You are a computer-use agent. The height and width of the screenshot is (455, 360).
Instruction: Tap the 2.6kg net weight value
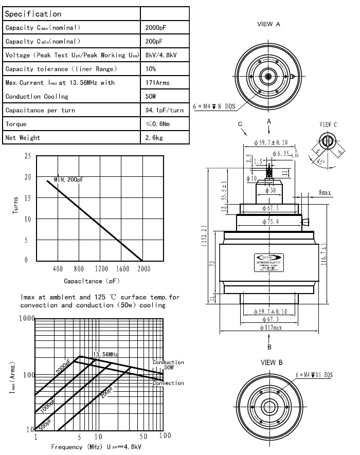(154, 138)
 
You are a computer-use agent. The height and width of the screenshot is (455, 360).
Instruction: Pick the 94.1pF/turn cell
(165, 111)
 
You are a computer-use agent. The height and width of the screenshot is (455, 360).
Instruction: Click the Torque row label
(16, 124)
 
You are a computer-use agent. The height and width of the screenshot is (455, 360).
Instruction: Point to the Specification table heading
(33, 14)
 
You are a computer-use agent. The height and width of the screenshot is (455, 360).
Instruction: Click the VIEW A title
(268, 24)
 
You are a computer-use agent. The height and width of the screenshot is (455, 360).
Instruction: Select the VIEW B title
(272, 362)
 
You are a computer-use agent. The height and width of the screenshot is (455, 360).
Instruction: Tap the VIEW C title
(328, 124)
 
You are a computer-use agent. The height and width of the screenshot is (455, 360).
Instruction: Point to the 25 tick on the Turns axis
(27, 156)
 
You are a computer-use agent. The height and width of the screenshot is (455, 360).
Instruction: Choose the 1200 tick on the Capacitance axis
(101, 269)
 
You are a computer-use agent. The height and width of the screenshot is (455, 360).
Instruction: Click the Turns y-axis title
(16, 207)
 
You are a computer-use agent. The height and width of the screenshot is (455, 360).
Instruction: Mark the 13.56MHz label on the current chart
(105, 354)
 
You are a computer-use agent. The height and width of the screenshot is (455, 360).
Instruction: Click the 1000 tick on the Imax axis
(25, 319)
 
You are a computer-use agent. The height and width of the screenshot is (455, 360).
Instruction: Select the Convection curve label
(168, 383)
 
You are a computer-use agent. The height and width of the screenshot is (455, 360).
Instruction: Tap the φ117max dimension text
(271, 328)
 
